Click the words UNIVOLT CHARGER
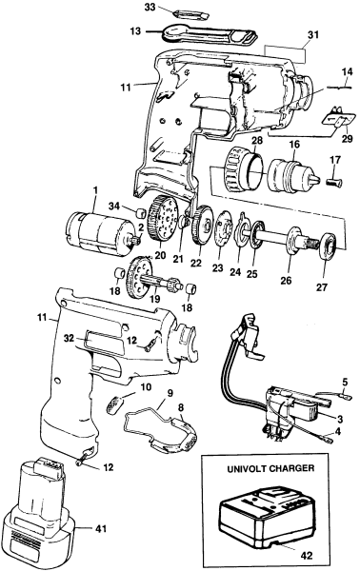click(x=270, y=468)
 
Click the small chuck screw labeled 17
click(x=335, y=181)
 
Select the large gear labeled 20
click(x=163, y=217)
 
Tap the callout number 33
click(x=150, y=8)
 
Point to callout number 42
click(x=307, y=556)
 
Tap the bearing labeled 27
click(x=329, y=247)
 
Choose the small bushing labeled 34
click(x=141, y=212)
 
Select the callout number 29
click(x=347, y=138)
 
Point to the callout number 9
click(x=170, y=393)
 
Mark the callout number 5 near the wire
click(x=345, y=383)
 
